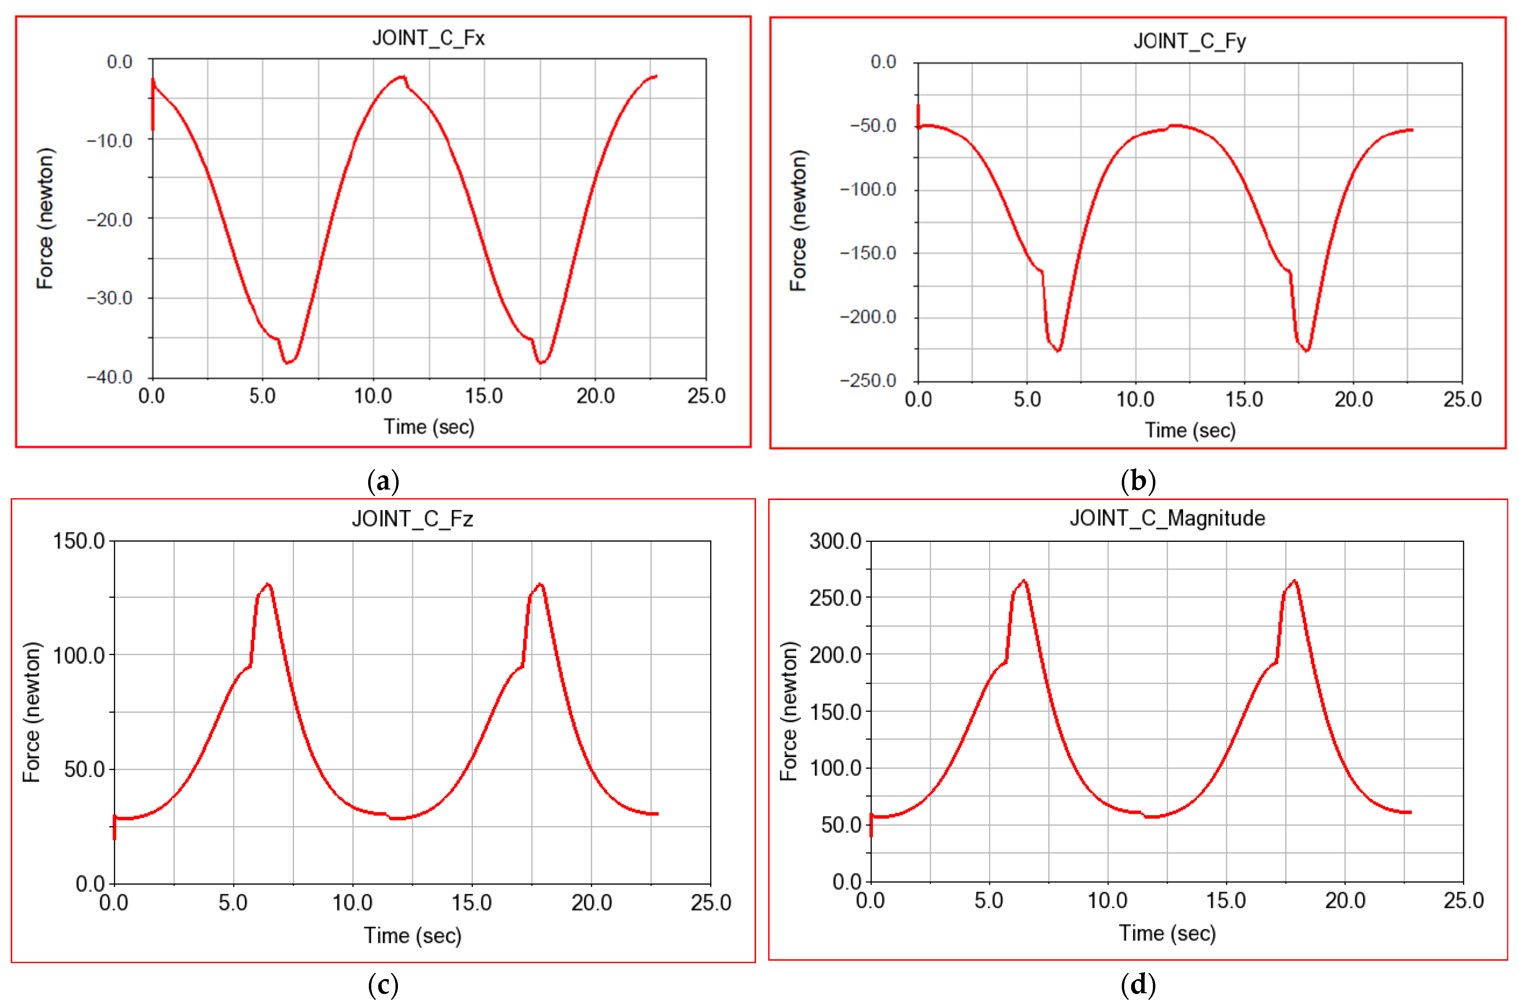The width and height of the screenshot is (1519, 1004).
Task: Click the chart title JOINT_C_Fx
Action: click(x=428, y=38)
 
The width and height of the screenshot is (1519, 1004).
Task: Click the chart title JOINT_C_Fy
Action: click(x=1189, y=42)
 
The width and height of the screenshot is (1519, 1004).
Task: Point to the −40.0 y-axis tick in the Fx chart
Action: click(x=110, y=377)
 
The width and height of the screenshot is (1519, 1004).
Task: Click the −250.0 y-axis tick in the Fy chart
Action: click(x=868, y=380)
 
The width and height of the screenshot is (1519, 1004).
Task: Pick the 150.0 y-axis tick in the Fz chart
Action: click(x=79, y=541)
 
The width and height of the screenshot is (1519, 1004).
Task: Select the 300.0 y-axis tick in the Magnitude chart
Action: click(x=835, y=541)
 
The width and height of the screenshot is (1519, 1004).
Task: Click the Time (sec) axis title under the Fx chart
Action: click(x=429, y=426)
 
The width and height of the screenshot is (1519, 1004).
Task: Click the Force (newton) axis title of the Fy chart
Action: click(x=798, y=221)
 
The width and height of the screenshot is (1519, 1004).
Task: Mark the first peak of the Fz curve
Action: click(x=268, y=584)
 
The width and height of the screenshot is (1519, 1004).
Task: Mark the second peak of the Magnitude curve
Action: click(x=1294, y=581)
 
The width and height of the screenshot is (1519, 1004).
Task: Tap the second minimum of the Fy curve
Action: click(x=1306, y=350)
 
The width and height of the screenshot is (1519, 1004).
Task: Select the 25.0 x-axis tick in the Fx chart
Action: click(x=706, y=396)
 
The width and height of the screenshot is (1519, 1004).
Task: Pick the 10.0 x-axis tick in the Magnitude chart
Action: click(x=1108, y=901)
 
